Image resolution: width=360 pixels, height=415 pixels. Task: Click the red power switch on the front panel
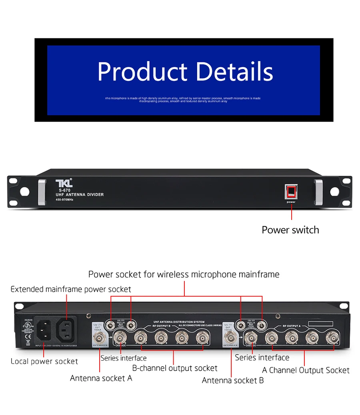click(291, 192)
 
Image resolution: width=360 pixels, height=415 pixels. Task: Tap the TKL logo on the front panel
click(64, 183)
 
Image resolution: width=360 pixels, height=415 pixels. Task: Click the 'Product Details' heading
click(185, 71)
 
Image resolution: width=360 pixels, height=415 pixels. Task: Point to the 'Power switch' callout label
click(290, 230)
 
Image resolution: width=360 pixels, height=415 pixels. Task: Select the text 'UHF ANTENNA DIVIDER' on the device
click(80, 195)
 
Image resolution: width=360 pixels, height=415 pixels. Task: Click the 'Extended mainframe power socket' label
click(71, 289)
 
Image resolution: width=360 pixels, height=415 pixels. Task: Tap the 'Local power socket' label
click(44, 361)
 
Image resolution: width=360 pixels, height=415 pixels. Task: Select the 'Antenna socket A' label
click(101, 378)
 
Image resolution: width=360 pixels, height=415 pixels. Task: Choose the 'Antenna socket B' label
click(233, 380)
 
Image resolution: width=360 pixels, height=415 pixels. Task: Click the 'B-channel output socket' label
click(175, 368)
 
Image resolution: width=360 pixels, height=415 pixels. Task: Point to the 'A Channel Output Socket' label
click(306, 370)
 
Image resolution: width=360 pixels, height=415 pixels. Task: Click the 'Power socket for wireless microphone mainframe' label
click(184, 274)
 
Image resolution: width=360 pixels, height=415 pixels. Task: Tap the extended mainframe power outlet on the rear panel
click(66, 329)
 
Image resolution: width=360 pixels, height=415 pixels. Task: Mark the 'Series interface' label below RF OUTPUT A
click(262, 357)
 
